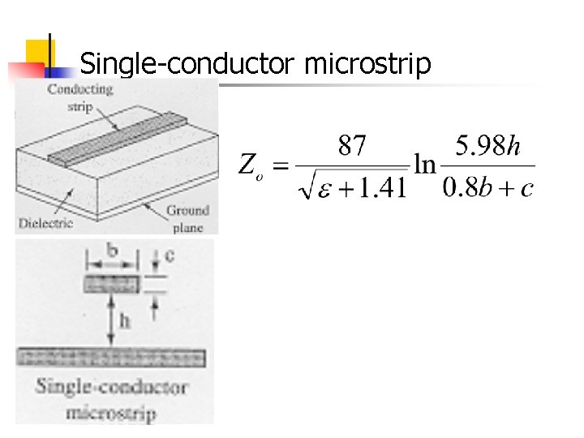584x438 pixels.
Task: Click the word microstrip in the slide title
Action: tap(367, 63)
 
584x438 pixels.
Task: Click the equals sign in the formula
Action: tap(280, 166)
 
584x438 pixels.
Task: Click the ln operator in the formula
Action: tap(425, 165)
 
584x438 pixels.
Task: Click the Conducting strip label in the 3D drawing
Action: tap(79, 97)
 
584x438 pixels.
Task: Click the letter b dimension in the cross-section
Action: tap(112, 250)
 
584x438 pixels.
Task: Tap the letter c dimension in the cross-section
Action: tap(170, 255)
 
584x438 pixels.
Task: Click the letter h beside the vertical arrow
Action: tap(125, 320)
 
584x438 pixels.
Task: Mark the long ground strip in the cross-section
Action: tap(111, 358)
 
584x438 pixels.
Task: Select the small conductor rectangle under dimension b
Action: tap(111, 284)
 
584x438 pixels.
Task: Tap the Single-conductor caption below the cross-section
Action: tap(111, 387)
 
